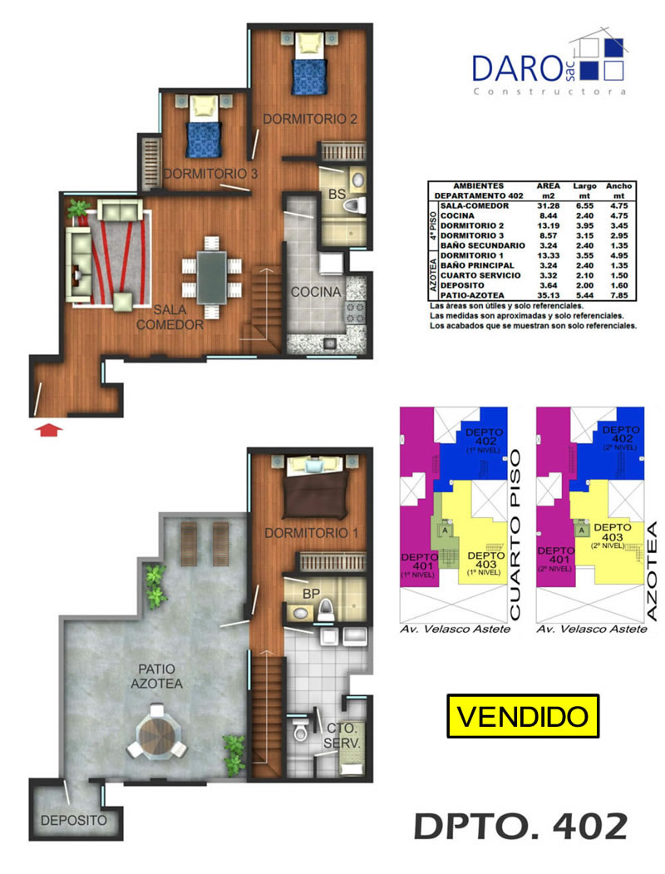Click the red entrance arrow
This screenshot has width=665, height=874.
pos(48,429)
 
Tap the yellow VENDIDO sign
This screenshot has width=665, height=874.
pos(522,716)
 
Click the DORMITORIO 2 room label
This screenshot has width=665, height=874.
pos(310,119)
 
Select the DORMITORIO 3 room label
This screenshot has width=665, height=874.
pos(210,173)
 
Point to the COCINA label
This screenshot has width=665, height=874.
pos(316,292)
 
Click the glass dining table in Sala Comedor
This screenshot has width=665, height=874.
pos(212,277)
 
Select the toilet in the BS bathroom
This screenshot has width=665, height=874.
pos(353,205)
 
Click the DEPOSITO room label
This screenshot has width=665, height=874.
pos(73,820)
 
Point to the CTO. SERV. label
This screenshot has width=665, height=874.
pos(342,735)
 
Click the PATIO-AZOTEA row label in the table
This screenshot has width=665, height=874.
pos(472,295)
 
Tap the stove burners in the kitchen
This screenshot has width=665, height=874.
pos(356,312)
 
